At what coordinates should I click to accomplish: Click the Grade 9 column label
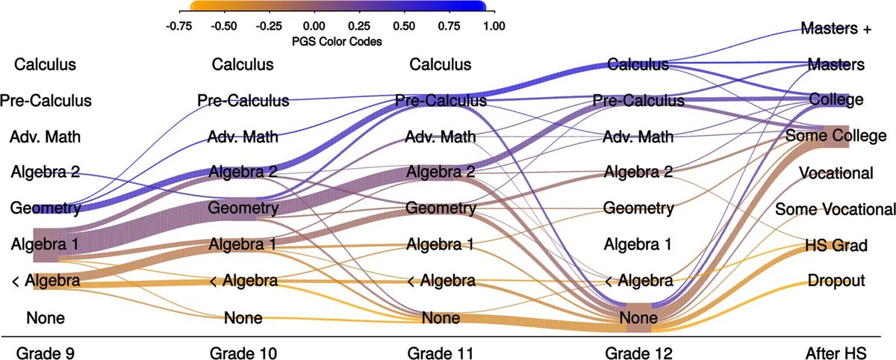point(46,350)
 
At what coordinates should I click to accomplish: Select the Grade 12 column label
point(638,350)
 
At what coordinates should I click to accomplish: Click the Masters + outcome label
point(836,29)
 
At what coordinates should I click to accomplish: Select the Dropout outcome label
point(836,281)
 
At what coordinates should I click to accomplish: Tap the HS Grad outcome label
point(836,245)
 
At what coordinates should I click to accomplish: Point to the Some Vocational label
point(836,208)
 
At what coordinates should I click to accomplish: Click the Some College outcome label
point(836,137)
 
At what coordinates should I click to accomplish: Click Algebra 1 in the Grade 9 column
point(46,244)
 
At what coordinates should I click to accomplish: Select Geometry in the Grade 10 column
point(243,208)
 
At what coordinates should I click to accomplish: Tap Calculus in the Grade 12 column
point(638,65)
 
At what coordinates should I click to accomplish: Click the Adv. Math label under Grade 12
point(638,137)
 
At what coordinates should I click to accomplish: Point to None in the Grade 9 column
point(46,318)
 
